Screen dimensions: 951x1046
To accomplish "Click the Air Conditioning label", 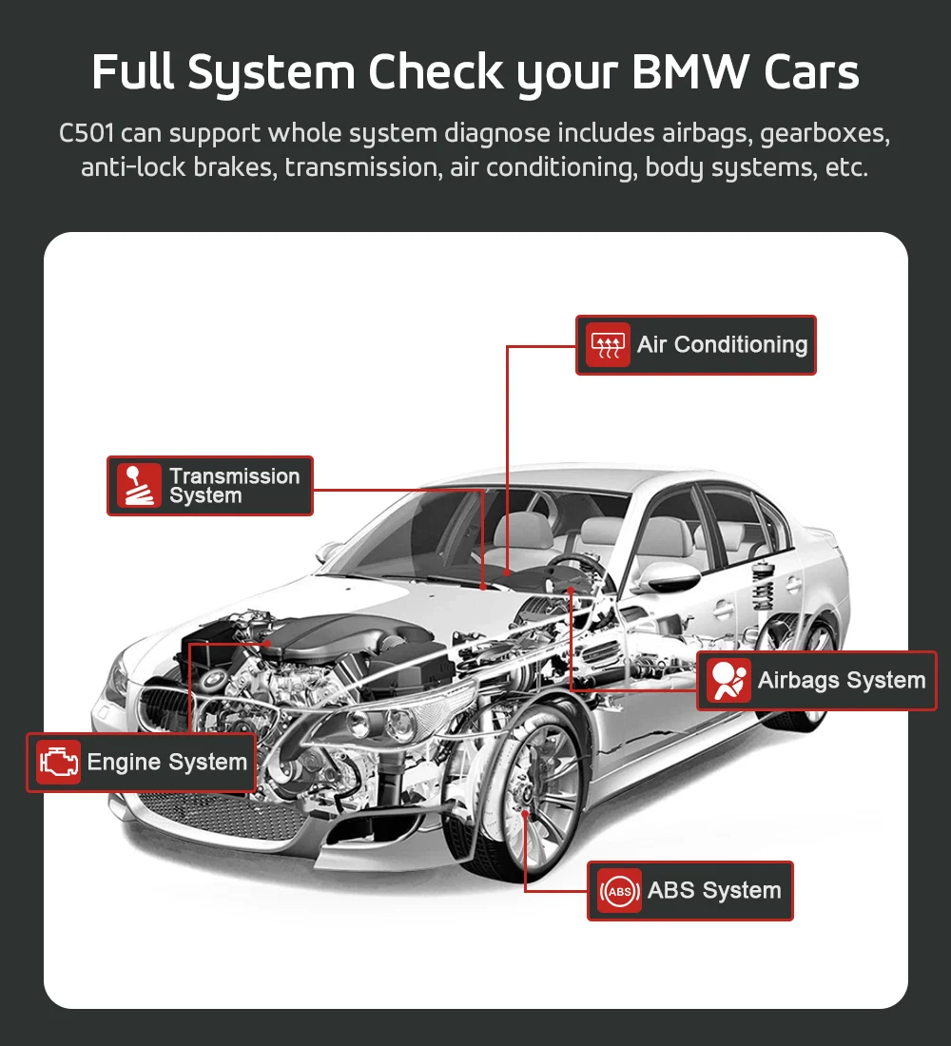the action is point(721,345).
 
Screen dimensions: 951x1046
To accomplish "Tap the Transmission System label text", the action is point(234,486).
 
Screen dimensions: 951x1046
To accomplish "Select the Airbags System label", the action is point(841,681).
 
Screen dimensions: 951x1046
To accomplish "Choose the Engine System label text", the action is point(166,762).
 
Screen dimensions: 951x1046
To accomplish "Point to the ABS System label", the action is point(713,891).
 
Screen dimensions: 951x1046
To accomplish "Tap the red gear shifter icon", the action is point(139,486).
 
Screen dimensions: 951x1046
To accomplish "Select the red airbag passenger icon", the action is point(728,681).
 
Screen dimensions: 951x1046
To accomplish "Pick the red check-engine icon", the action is point(58,762).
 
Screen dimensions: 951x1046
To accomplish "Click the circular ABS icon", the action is point(619,891).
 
